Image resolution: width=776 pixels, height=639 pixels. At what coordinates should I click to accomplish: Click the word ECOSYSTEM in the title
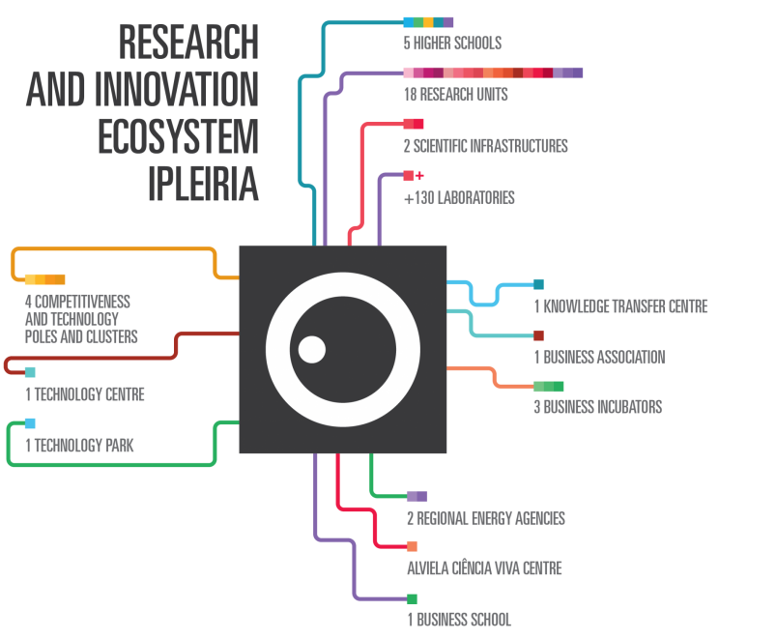click(x=178, y=136)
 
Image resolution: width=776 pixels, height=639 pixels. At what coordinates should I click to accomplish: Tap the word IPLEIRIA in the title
click(x=203, y=183)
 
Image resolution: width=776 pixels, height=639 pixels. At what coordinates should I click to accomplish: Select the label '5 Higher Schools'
click(x=451, y=44)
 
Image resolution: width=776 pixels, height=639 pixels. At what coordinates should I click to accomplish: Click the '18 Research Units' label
click(x=455, y=95)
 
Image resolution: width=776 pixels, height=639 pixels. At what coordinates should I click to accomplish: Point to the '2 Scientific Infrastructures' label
click(x=485, y=146)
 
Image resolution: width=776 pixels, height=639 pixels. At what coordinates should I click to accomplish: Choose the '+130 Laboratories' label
click(x=459, y=198)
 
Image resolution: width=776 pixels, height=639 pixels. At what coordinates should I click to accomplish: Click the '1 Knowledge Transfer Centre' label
click(x=621, y=306)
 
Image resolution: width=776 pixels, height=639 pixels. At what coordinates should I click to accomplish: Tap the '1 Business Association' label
click(x=599, y=357)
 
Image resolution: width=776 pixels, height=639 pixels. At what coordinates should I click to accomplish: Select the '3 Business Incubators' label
click(x=598, y=407)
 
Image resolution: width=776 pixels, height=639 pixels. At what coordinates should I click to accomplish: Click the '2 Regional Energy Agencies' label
click(x=486, y=519)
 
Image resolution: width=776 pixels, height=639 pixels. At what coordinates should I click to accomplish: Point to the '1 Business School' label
click(x=459, y=620)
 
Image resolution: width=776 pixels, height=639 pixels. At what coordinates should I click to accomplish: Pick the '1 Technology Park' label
click(x=79, y=446)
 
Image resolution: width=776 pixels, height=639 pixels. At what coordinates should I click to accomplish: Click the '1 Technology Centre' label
click(x=85, y=394)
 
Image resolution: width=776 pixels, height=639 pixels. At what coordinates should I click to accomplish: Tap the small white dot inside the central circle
click(x=311, y=349)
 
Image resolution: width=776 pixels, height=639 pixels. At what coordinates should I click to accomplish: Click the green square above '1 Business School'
click(x=412, y=599)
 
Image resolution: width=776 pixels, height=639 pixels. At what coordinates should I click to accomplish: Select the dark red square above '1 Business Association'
click(x=538, y=335)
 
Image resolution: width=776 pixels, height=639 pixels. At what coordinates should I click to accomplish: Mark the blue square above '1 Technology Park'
click(x=30, y=423)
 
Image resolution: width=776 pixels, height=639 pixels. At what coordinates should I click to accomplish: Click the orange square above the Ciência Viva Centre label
click(x=412, y=546)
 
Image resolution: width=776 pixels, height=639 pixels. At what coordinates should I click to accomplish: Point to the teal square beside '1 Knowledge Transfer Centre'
click(x=538, y=284)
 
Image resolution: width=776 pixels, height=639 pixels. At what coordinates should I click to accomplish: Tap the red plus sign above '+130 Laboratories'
click(x=420, y=176)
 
